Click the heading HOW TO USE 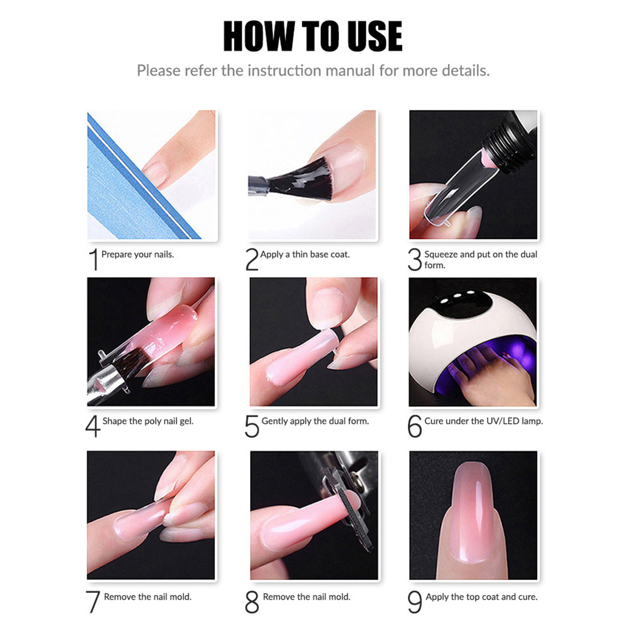(313, 36)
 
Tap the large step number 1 (93, 259)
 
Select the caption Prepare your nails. (138, 254)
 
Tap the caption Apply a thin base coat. (305, 254)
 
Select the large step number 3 (415, 260)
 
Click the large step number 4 (93, 426)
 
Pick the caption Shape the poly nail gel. (148, 421)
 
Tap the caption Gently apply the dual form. (315, 421)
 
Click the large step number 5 (252, 426)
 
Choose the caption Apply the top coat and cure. (482, 597)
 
